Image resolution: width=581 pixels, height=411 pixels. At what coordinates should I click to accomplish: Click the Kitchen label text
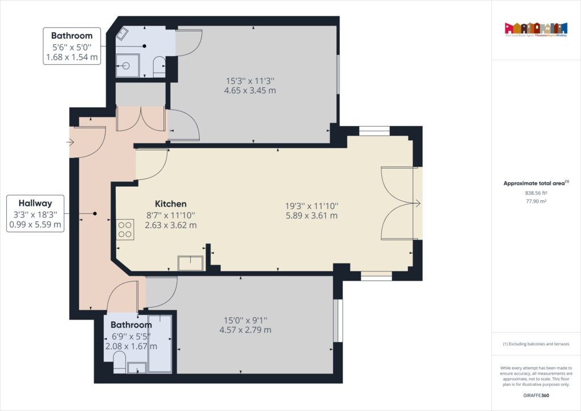(x=171, y=204)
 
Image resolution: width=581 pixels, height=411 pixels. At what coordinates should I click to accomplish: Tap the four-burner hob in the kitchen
(x=125, y=229)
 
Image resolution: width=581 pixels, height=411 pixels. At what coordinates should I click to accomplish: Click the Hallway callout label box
(x=35, y=213)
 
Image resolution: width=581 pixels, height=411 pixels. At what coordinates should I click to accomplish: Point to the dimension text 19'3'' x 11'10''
(x=312, y=211)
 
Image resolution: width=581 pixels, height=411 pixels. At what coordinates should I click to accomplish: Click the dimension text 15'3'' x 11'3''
(x=250, y=85)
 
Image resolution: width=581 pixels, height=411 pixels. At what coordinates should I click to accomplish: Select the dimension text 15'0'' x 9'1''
(x=247, y=325)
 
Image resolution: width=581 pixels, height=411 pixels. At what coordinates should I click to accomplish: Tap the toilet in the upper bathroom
(x=159, y=67)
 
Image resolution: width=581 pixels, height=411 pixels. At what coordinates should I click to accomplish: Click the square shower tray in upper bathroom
(x=127, y=65)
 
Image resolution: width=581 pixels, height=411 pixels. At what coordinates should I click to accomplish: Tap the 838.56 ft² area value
(x=536, y=192)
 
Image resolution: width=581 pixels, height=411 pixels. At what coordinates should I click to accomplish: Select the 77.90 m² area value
(x=536, y=200)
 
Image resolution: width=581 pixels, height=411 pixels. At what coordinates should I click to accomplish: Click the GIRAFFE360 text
(x=536, y=395)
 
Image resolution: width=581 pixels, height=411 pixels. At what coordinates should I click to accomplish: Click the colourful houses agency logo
(x=536, y=28)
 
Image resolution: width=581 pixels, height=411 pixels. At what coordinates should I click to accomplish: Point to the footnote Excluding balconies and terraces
(x=536, y=344)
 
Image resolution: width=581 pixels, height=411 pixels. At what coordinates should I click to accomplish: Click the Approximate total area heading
(x=536, y=183)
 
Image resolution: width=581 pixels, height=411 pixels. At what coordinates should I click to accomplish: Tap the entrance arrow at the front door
(x=71, y=142)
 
